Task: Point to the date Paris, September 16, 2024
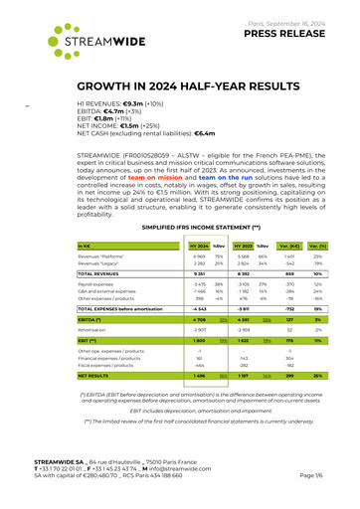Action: point(287,15)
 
